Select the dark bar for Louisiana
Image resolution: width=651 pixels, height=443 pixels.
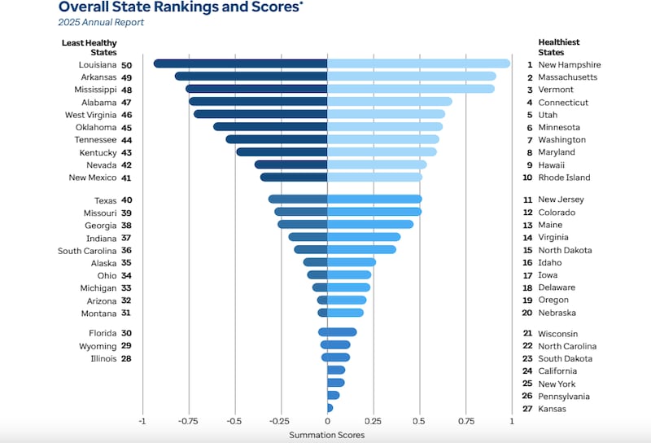(x=240, y=64)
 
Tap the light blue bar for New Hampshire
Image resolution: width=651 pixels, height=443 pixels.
(x=418, y=64)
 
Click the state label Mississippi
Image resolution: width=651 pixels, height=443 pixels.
(x=94, y=90)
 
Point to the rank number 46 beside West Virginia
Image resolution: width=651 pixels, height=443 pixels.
(x=126, y=115)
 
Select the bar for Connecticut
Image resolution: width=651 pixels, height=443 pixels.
(x=389, y=102)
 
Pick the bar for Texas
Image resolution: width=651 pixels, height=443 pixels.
(x=298, y=200)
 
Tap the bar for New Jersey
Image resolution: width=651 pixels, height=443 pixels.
(x=374, y=200)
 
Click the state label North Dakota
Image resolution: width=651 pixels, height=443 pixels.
(x=565, y=250)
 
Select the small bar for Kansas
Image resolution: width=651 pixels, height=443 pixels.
(x=330, y=408)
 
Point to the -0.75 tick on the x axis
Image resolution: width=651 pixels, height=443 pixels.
(x=189, y=421)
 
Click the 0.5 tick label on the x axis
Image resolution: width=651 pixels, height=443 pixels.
(x=420, y=421)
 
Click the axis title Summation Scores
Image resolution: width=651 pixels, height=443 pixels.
(x=327, y=435)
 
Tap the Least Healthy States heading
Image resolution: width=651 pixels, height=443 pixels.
(x=89, y=47)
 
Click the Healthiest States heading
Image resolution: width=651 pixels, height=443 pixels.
(x=559, y=47)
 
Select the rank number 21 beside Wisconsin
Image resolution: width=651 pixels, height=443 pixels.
(x=527, y=334)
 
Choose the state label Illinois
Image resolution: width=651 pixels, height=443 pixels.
(x=103, y=358)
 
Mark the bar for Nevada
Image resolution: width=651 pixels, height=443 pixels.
(x=291, y=164)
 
